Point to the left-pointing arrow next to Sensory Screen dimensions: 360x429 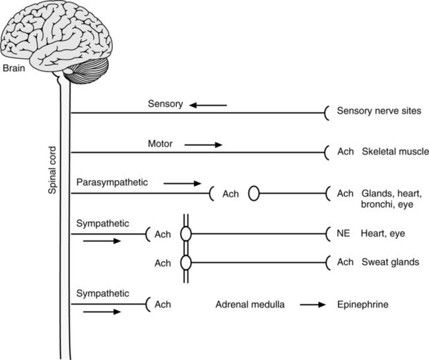pos(208,104)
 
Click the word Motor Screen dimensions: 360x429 pos(161,143)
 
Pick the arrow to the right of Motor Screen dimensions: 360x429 pos(204,143)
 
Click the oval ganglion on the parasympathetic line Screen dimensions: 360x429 pos(253,194)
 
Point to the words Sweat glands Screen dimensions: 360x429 pos(389,262)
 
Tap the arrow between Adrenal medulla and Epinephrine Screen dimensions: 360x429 pos(313,305)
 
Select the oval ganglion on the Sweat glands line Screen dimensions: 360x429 pos(186,262)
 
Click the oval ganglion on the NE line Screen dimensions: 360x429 pos(186,233)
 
